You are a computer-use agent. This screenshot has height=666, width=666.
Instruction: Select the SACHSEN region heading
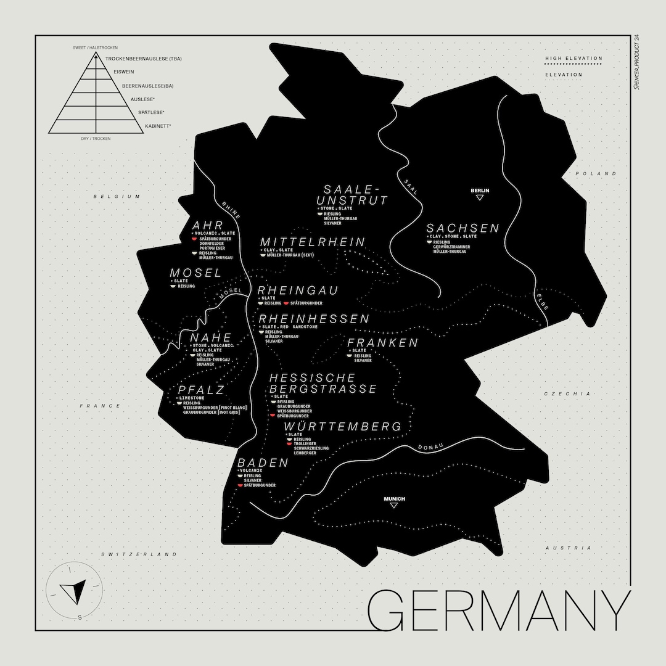click(462, 228)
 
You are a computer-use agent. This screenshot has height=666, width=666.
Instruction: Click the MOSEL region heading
click(195, 273)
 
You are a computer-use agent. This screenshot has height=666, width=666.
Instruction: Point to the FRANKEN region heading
click(382, 342)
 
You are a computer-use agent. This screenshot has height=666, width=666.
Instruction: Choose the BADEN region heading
click(263, 462)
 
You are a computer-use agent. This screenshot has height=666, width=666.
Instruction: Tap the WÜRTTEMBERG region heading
click(343, 426)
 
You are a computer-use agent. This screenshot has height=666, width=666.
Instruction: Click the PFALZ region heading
click(201, 390)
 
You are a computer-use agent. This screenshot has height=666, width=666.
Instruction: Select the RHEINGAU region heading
click(298, 290)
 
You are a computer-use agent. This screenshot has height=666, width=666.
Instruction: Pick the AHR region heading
click(207, 225)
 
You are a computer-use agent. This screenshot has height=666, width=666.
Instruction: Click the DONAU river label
click(430, 446)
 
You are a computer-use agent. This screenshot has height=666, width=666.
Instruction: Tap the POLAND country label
click(596, 174)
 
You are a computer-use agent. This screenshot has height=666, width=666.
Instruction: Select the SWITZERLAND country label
click(139, 554)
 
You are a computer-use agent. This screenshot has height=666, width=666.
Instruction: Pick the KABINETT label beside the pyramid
click(158, 126)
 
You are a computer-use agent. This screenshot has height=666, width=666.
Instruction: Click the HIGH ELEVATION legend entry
click(573, 59)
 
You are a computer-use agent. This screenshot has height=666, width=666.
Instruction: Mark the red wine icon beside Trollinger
click(289, 443)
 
